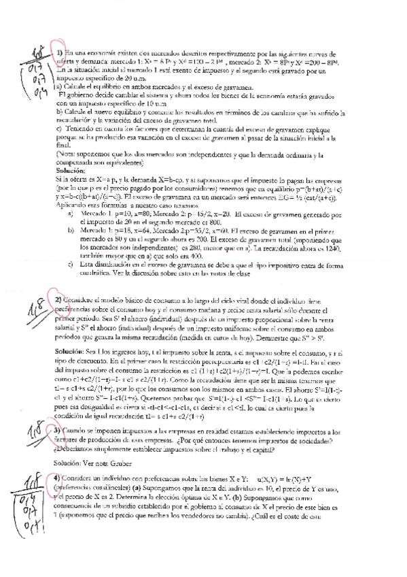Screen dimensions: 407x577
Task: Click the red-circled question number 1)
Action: pyautogui.click(x=60, y=53)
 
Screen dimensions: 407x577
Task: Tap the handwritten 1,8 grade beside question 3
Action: pyautogui.click(x=37, y=433)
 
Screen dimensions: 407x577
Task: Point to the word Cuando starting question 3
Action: pyautogui.click(x=79, y=431)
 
